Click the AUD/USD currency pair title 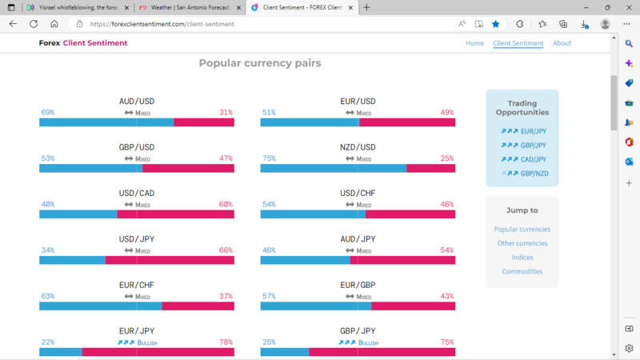[x=136, y=102]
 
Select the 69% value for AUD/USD [x=48, y=113]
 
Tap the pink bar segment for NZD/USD [x=430, y=168]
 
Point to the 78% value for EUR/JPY [x=226, y=342]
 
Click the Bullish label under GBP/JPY [x=369, y=342]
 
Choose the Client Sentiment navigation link [x=518, y=43]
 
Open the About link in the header [x=562, y=43]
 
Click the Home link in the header [x=474, y=43]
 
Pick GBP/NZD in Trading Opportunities [x=534, y=174]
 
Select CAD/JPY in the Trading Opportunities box [x=534, y=159]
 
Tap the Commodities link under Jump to [x=522, y=272]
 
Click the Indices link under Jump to [x=522, y=258]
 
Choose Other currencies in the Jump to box [x=522, y=243]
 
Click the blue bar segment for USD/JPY [x=72, y=260]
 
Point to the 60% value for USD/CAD [x=226, y=205]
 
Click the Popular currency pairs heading [x=260, y=63]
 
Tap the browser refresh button [x=34, y=24]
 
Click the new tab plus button [x=366, y=7]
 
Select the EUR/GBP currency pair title [x=358, y=285]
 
